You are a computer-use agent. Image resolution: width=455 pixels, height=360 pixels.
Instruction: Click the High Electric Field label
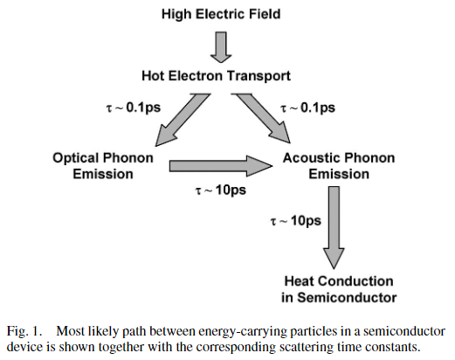(221, 15)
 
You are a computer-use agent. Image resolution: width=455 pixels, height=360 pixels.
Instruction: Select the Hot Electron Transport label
(216, 76)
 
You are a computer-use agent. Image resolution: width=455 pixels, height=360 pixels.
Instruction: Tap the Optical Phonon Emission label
(103, 166)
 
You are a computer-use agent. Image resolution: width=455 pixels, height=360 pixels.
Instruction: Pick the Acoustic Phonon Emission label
(339, 166)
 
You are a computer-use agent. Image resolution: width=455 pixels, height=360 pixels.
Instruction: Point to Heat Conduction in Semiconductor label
(339, 289)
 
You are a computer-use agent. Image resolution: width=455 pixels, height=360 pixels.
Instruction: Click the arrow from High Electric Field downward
(221, 47)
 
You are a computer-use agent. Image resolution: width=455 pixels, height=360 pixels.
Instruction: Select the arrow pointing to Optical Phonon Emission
(183, 120)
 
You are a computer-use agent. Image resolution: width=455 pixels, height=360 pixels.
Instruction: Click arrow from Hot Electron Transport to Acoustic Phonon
(261, 119)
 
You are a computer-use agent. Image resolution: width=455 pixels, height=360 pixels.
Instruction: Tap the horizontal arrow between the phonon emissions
(221, 166)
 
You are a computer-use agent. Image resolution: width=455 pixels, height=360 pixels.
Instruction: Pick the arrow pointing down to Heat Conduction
(334, 228)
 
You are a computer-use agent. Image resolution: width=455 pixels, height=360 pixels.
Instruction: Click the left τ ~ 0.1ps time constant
(133, 108)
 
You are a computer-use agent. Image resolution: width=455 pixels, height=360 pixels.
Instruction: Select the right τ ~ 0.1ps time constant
(307, 108)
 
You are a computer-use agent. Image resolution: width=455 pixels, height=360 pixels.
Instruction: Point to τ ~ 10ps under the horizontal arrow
(220, 190)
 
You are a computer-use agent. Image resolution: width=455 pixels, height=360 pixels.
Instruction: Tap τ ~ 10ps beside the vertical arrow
(296, 221)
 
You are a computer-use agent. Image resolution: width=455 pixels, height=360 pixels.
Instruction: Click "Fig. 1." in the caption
(24, 331)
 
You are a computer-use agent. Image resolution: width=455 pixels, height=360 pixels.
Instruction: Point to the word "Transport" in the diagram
(259, 76)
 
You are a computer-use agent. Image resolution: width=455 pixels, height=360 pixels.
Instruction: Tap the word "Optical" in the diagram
(76, 158)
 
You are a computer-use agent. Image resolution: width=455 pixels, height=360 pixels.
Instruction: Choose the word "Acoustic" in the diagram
(308, 158)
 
